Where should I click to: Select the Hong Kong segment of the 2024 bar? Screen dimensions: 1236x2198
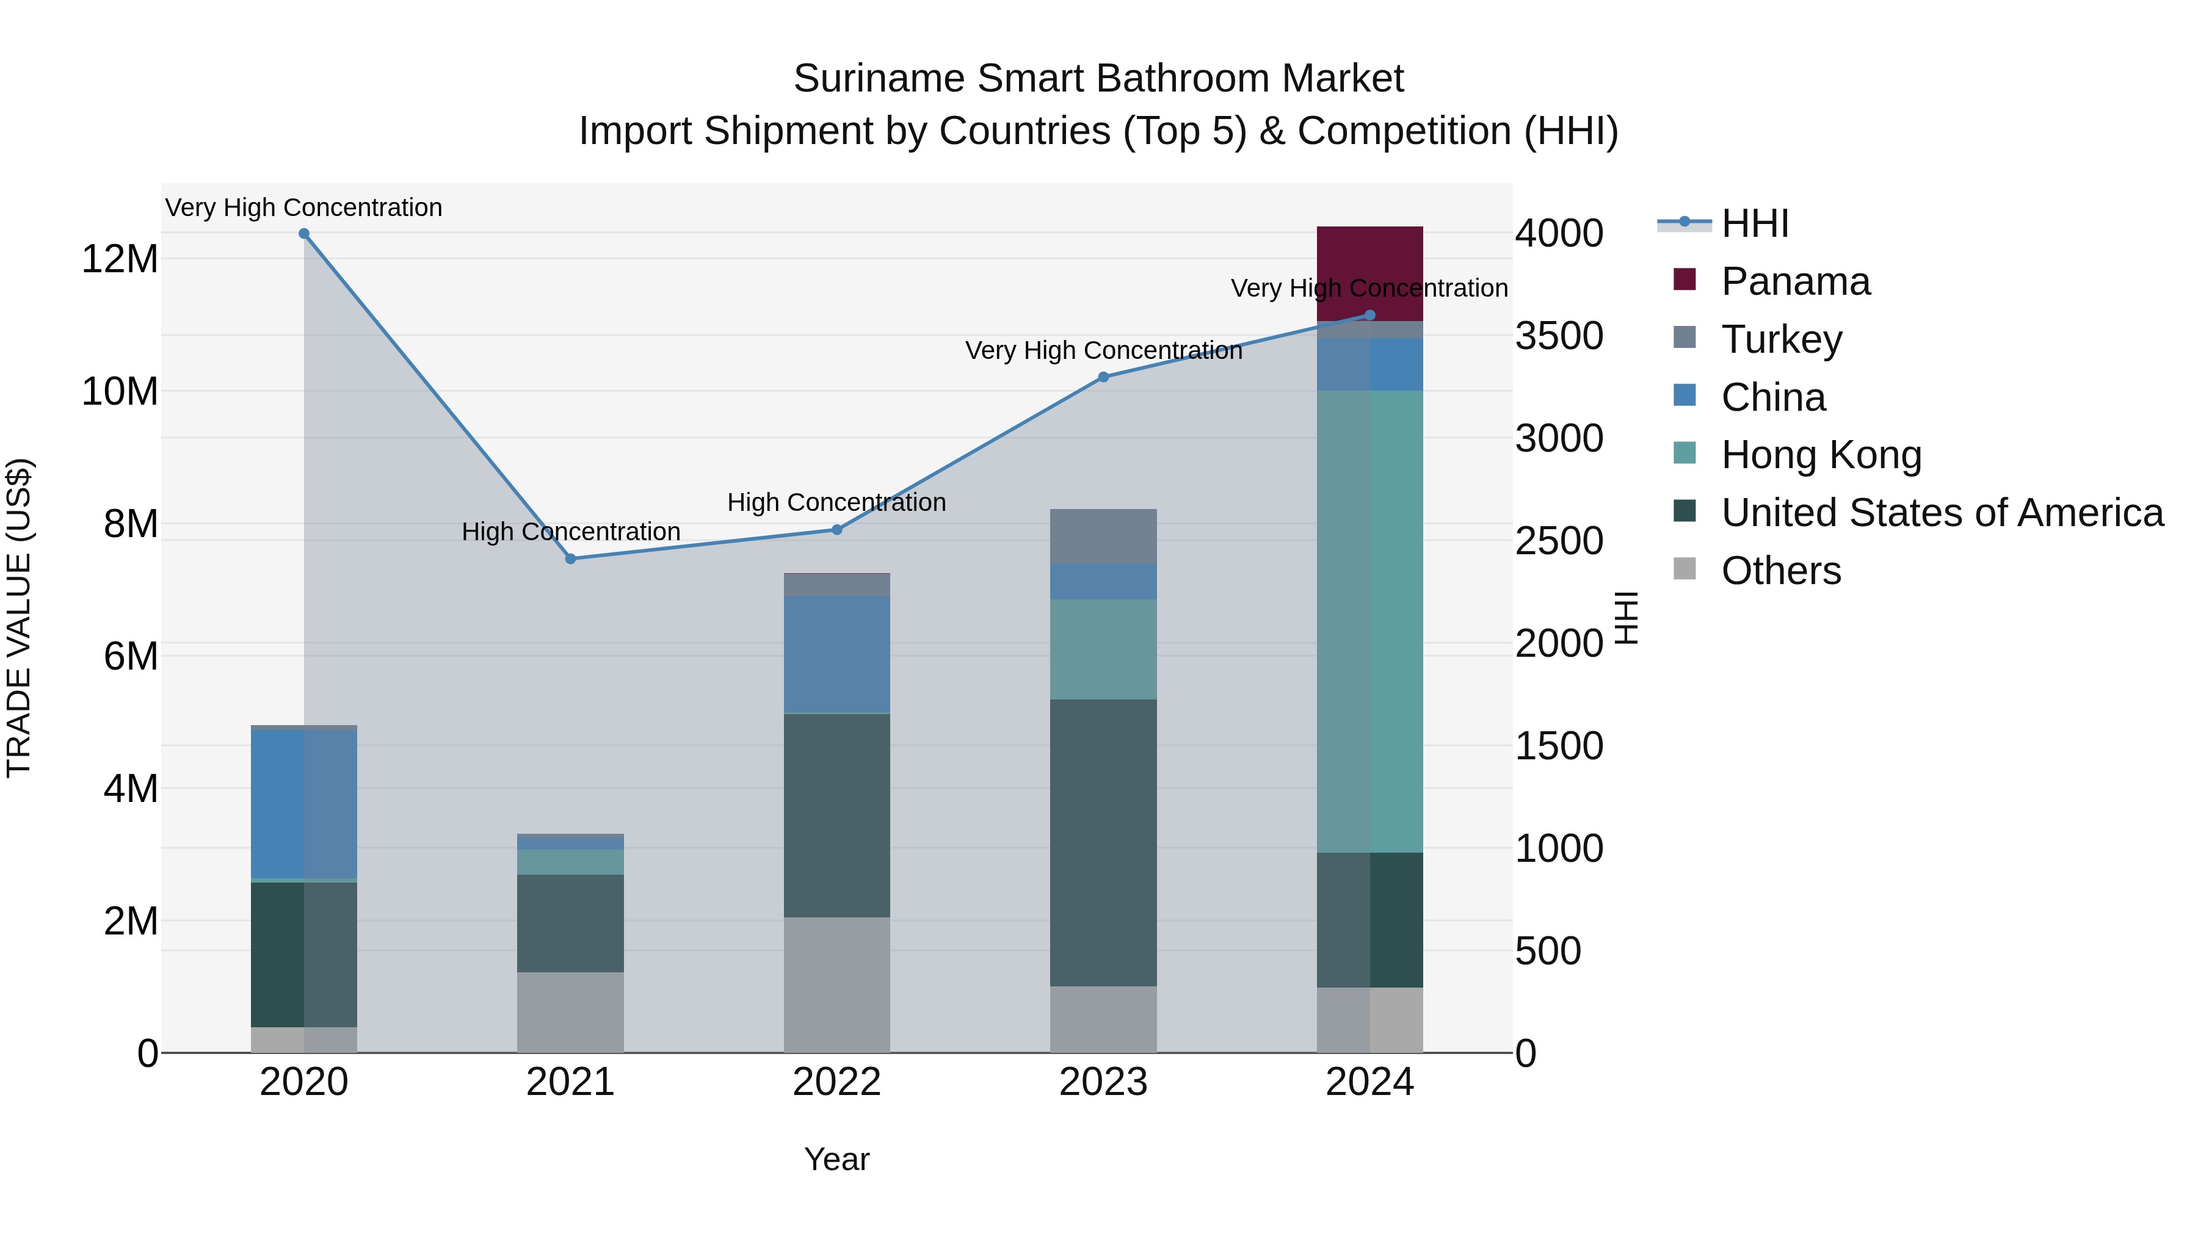(1369, 621)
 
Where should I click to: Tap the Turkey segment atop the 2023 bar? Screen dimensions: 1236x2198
(1103, 536)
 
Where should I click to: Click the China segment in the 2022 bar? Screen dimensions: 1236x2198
(836, 653)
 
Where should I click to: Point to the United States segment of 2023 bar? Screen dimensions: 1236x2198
(1103, 843)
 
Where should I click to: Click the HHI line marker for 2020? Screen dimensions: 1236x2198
(304, 234)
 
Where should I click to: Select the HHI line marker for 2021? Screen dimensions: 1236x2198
(570, 558)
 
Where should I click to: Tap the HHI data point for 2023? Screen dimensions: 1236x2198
(1103, 377)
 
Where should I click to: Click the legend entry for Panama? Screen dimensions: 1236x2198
(1795, 281)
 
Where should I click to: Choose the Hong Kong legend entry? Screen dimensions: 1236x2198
(1821, 455)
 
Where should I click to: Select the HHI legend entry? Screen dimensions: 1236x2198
(1754, 223)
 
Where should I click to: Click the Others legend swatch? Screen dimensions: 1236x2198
(1685, 569)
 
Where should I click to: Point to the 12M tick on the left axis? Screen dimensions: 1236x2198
(120, 258)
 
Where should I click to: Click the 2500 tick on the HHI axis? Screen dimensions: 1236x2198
(1558, 541)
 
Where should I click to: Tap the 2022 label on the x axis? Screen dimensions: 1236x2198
(836, 1082)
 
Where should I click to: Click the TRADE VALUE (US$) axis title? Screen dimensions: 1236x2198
(19, 618)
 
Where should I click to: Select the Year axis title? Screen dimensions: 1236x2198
(836, 1159)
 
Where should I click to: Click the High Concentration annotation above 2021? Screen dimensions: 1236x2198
(570, 532)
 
